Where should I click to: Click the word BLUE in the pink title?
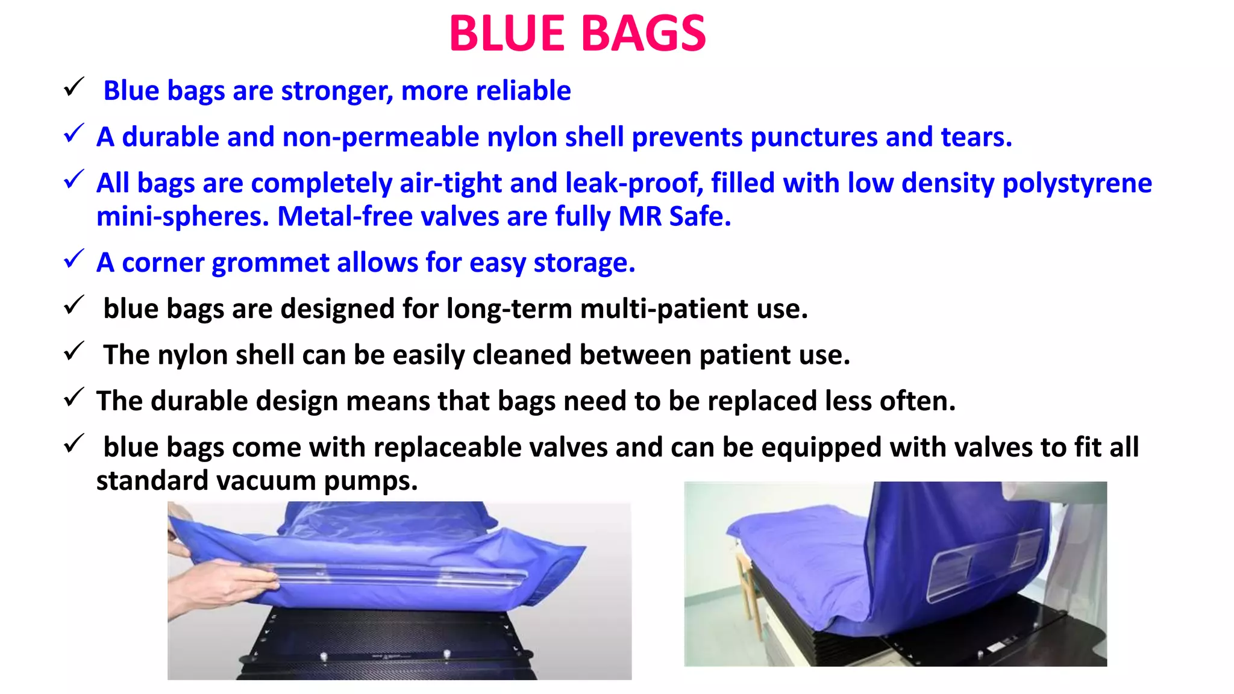point(507,34)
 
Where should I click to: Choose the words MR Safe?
point(674,217)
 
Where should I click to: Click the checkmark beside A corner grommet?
point(74,260)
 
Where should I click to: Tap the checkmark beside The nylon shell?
point(74,351)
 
